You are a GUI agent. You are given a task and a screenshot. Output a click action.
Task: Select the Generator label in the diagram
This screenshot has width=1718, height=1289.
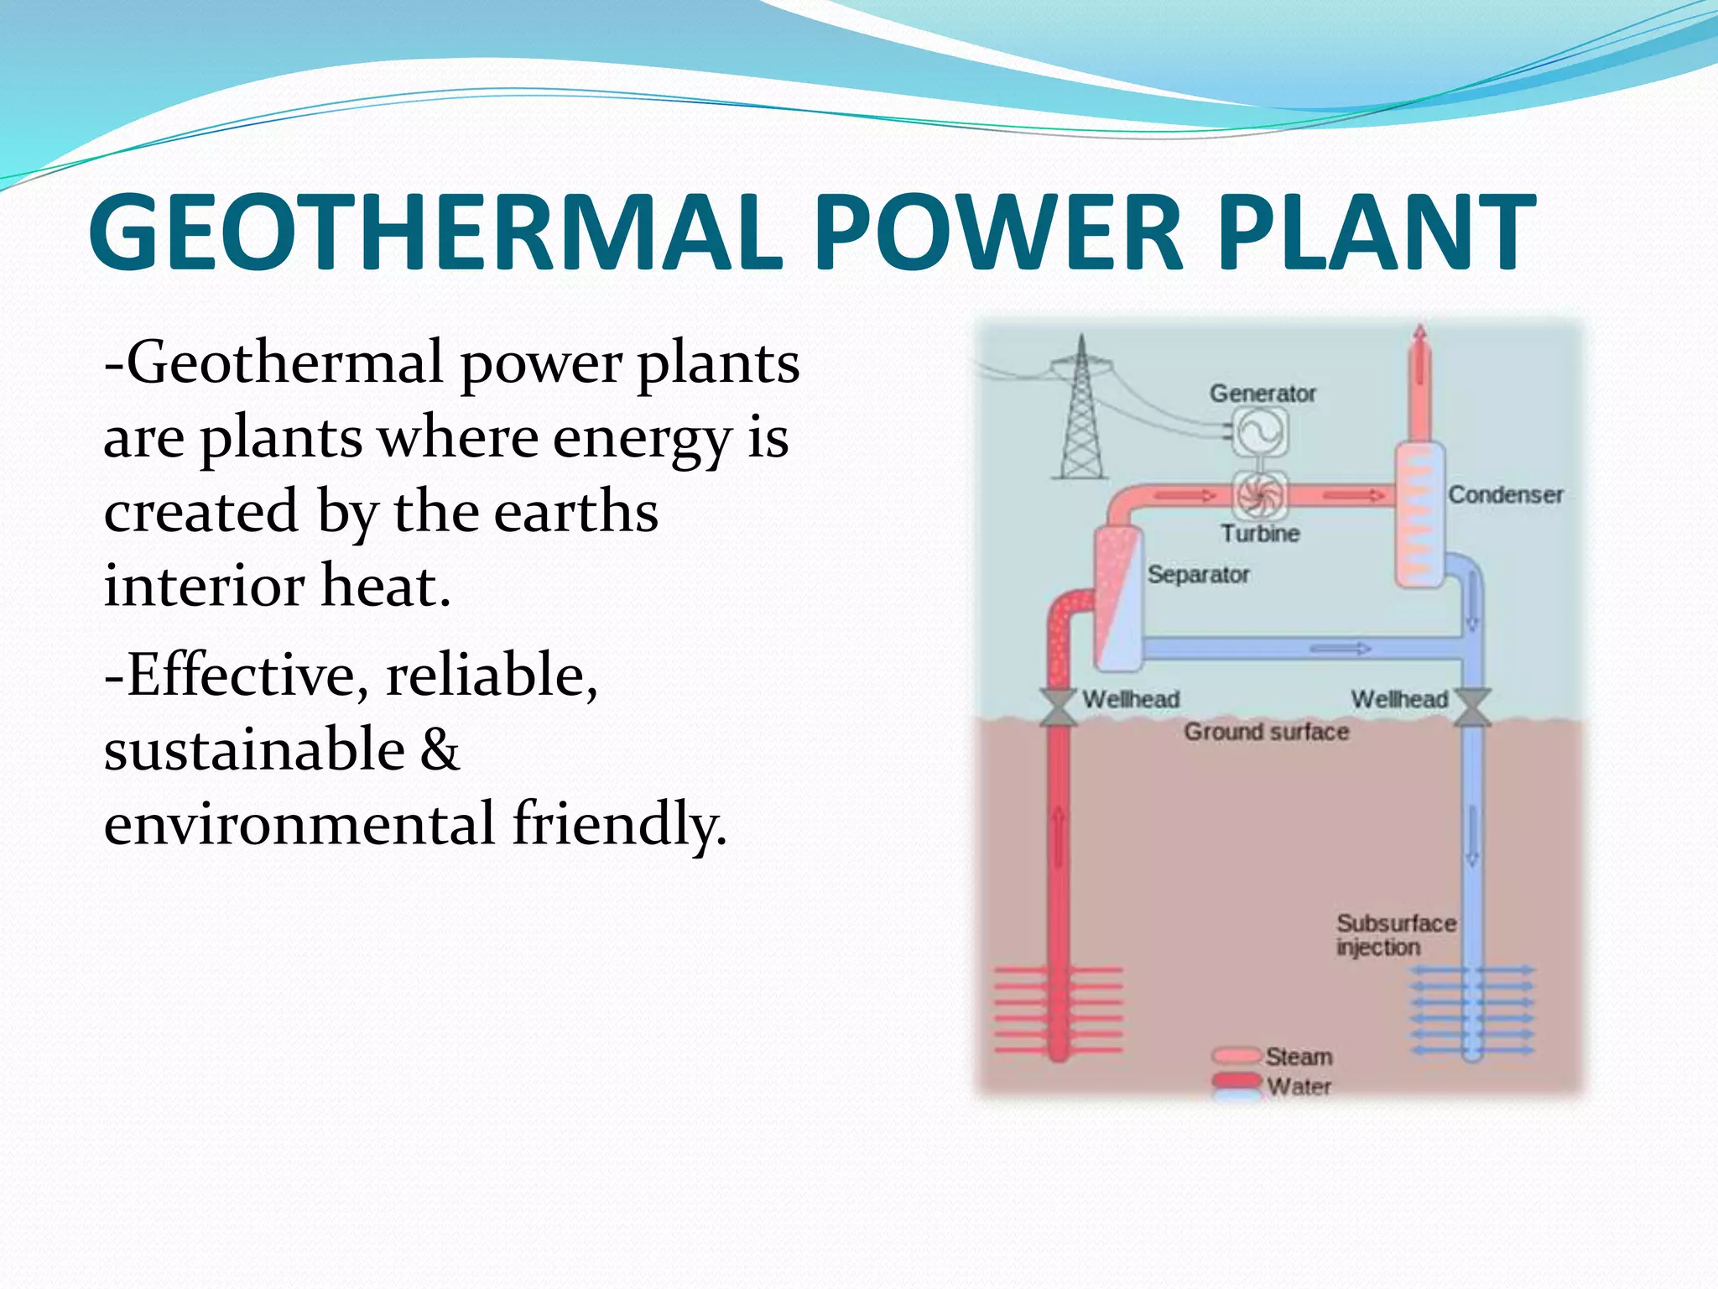[x=1262, y=394]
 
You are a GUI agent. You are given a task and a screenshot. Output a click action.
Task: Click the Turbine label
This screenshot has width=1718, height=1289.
[x=1260, y=534]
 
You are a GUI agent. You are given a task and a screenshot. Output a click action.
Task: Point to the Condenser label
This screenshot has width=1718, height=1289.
[x=1506, y=495]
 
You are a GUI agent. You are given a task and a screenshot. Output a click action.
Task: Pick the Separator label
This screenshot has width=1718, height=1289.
[x=1199, y=575]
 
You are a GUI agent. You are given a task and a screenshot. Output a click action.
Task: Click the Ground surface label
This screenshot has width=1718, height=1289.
[x=1267, y=732]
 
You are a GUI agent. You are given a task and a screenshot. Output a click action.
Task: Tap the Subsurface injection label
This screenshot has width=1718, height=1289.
[x=1395, y=935]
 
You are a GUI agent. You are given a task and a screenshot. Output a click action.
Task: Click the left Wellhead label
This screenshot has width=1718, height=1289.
[x=1131, y=699]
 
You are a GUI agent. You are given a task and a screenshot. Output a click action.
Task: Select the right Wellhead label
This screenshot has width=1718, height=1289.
[x=1399, y=699]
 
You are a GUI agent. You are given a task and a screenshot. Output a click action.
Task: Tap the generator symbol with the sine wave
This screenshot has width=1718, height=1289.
[x=1260, y=432]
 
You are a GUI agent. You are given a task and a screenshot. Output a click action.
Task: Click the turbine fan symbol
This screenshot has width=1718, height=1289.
[x=1260, y=495]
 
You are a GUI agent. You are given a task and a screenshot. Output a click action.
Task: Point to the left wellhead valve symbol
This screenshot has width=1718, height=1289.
[x=1059, y=707]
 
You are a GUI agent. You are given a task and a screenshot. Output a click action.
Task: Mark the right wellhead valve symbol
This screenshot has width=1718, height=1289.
[x=1472, y=707]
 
